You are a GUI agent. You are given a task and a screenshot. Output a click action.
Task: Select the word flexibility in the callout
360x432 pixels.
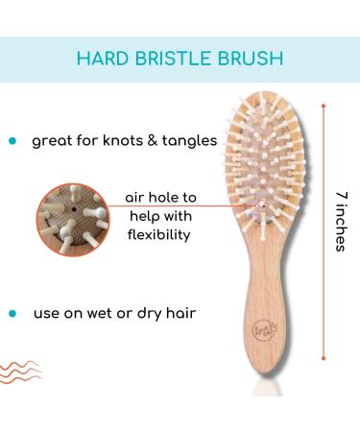tap(160, 233)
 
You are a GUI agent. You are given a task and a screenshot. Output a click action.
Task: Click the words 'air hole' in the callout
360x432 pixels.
tap(143, 197)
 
